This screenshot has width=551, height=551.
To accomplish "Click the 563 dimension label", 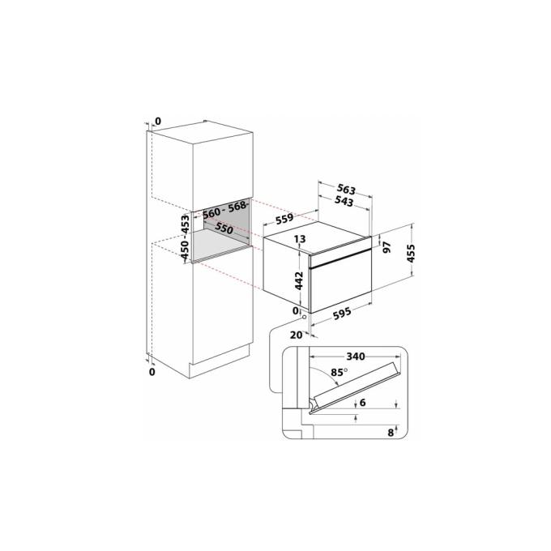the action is [x=347, y=190].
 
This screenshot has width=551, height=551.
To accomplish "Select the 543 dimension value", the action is [x=344, y=201].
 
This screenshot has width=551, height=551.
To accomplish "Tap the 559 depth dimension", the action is [x=284, y=219].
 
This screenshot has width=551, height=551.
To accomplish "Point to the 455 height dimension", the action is [x=411, y=253].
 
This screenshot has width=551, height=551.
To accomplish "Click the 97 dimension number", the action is [x=387, y=247].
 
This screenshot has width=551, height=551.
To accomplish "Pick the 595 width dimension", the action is [x=342, y=312].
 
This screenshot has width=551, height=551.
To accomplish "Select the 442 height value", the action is [x=299, y=280].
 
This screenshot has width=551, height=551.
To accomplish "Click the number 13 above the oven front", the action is [x=300, y=239].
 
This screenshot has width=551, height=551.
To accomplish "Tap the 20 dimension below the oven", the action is [x=296, y=335].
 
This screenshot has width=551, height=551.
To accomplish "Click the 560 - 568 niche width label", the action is [x=225, y=210].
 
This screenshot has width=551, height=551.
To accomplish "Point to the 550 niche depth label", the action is [x=224, y=229].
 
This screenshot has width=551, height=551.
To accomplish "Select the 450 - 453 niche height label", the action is [x=186, y=238].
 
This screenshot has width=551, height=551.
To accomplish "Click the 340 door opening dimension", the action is [x=356, y=357].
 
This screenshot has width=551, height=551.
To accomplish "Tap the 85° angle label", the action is [x=339, y=372].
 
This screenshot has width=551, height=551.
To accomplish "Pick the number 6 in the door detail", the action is [x=363, y=403].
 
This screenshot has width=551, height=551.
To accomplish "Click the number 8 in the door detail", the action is [x=391, y=432].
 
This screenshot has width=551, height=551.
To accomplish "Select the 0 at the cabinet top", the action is [x=158, y=122].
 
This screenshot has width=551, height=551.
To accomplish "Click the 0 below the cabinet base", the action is [x=152, y=371].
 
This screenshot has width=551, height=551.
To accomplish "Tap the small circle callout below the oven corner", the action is [x=304, y=317].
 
